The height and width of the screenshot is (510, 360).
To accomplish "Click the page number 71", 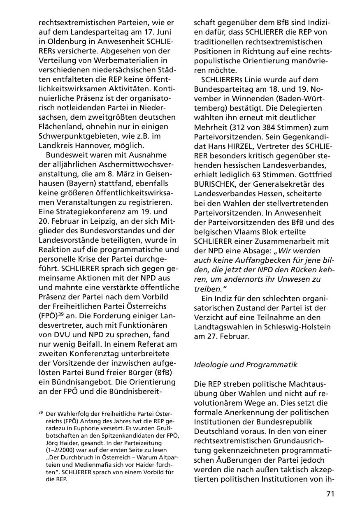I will [x=330, y=494].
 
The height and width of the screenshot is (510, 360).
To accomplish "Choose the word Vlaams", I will [x=242, y=231].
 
